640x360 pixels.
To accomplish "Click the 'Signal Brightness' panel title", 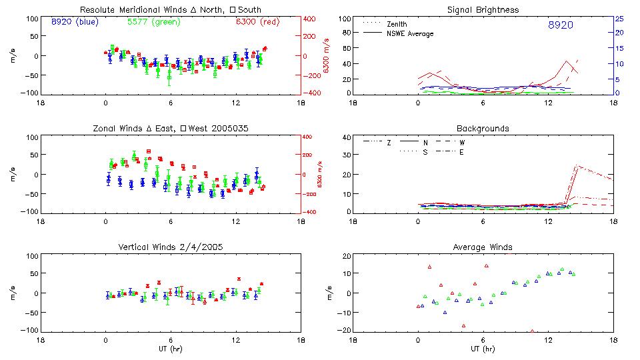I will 483,10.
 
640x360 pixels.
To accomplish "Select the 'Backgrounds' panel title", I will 483,128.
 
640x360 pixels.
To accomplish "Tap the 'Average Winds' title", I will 483,247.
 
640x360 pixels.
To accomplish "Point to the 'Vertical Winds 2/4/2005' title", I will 170,247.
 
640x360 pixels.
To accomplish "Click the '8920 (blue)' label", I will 73,22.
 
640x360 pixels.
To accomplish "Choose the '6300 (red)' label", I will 257,22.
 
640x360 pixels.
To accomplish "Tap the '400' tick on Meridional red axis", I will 311,18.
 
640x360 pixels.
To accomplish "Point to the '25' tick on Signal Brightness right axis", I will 619,18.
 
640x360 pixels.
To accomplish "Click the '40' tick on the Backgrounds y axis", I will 346,137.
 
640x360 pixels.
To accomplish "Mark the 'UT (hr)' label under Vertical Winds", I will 170,349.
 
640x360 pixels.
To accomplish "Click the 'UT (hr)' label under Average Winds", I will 483,349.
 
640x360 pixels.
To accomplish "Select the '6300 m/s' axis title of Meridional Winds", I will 327,56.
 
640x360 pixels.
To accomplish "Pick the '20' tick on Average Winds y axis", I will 346,256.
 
